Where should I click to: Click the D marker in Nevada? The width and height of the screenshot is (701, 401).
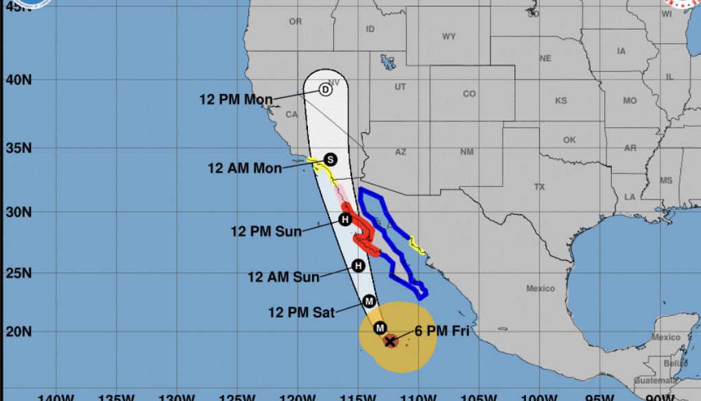[326, 89]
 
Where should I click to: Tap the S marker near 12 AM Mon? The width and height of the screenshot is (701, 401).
[330, 159]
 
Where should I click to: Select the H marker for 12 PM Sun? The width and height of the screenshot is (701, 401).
[345, 219]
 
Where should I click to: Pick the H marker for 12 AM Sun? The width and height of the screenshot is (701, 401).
[357, 266]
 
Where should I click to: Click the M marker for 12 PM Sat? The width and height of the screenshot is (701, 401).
[369, 300]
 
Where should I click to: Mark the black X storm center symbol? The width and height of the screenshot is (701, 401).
[390, 341]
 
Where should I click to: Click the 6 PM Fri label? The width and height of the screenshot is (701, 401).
[442, 331]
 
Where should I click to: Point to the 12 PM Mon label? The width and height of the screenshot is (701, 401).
[236, 99]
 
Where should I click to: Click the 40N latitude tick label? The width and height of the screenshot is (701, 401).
[19, 80]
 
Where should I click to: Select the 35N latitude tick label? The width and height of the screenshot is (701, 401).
[19, 148]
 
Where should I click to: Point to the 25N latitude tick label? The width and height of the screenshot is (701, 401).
[19, 273]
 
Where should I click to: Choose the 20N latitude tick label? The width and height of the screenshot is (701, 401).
[19, 332]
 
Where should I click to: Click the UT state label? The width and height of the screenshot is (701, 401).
[401, 87]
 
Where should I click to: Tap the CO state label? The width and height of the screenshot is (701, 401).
[469, 94]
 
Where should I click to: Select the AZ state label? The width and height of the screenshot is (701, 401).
[401, 151]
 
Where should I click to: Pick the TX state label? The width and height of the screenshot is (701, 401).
[539, 186]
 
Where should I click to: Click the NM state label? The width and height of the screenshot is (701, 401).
[466, 151]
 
